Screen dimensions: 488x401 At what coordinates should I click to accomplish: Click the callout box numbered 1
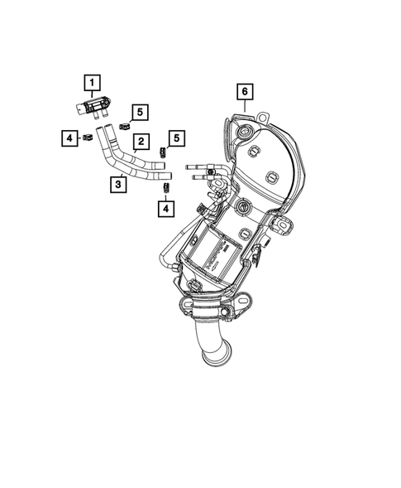91,82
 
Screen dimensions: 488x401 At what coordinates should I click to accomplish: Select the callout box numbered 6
246,90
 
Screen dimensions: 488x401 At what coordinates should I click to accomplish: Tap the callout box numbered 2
141,143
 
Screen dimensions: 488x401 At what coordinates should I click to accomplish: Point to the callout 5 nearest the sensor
140,111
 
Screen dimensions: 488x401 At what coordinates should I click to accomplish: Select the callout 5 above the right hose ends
175,138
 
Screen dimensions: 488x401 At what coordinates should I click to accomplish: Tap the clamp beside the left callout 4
86,137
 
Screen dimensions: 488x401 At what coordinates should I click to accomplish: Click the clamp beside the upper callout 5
123,125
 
